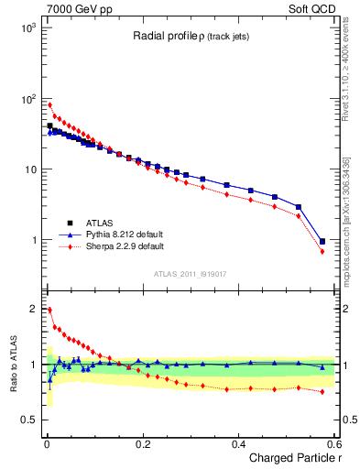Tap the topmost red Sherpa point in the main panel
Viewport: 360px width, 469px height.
point(49,104)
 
